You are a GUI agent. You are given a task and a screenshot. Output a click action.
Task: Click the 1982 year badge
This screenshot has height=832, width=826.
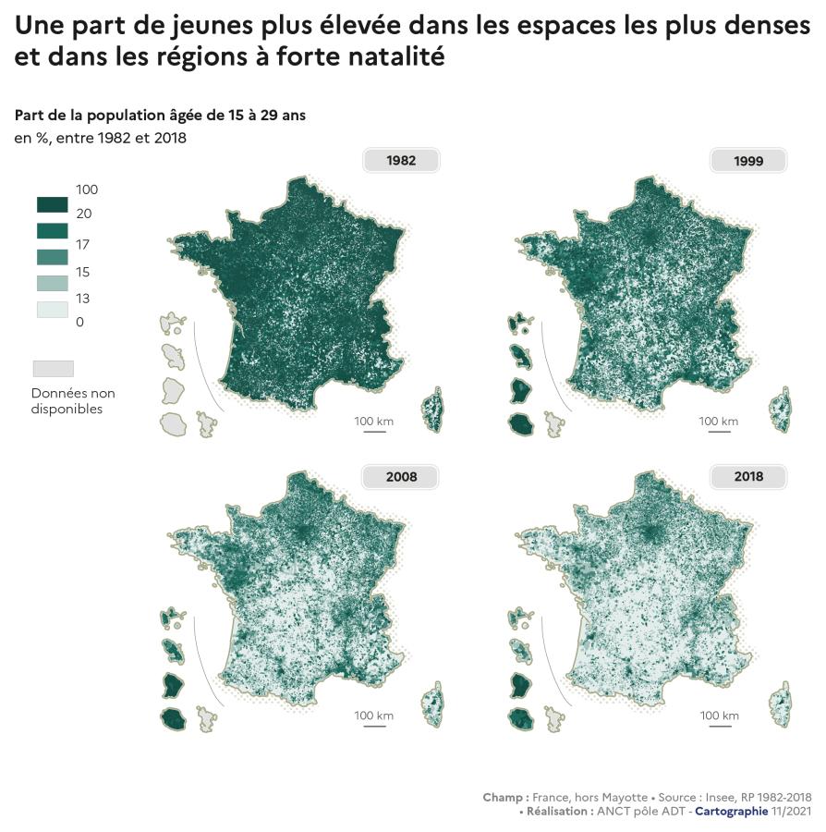[401, 160]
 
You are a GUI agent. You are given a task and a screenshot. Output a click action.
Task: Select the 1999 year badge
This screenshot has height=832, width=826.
[748, 160]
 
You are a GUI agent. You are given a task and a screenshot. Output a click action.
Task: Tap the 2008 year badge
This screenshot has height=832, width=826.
[401, 477]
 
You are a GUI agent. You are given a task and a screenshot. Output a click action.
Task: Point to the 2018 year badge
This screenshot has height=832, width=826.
[748, 477]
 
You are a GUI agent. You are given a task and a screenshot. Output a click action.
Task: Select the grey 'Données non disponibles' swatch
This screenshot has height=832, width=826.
[53, 368]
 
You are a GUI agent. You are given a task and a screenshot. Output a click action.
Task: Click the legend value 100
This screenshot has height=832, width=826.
[87, 190]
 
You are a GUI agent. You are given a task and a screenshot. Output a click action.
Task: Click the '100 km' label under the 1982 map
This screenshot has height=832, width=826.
[373, 422]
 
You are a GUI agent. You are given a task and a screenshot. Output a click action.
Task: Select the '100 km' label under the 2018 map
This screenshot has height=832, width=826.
[719, 716]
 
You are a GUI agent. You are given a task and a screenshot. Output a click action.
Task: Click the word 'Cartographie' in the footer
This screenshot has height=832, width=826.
[731, 811]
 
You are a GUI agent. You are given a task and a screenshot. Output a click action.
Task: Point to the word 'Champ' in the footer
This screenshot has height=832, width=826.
[504, 797]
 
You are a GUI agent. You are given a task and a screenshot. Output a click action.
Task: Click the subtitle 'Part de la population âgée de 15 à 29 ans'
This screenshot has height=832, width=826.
[160, 116]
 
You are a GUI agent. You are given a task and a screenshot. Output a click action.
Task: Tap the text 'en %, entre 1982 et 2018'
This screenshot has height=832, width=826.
[101, 139]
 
